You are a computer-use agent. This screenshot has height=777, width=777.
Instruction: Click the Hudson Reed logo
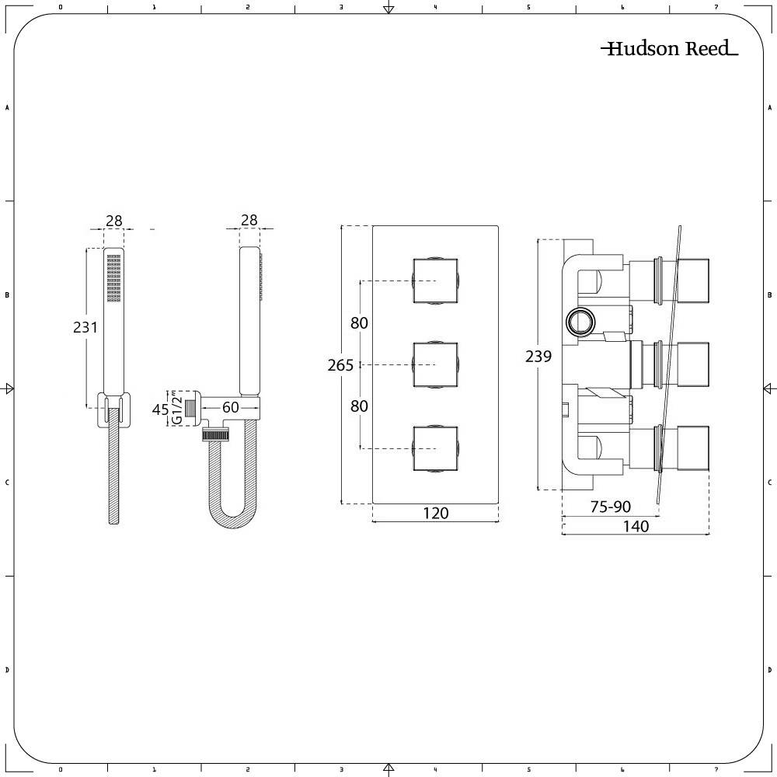tap(670, 48)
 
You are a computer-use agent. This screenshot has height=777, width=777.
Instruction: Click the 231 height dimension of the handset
tap(85, 327)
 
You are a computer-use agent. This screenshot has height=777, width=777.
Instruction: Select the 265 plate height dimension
tap(340, 365)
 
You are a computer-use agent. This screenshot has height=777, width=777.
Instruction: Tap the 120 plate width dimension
tap(436, 513)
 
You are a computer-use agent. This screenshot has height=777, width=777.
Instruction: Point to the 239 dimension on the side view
tap(538, 356)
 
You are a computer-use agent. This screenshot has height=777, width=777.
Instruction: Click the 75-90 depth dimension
tap(611, 507)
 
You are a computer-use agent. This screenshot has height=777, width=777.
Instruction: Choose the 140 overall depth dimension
tap(636, 526)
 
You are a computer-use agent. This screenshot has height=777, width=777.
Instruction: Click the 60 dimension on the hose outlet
tap(231, 407)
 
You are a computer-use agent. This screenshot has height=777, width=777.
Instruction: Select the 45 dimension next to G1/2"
tap(160, 409)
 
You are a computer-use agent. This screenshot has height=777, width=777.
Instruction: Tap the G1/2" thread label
tap(176, 408)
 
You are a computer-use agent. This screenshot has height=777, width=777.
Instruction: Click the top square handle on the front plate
tap(435, 280)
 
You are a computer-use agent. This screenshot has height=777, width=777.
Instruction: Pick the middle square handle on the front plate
tap(435, 364)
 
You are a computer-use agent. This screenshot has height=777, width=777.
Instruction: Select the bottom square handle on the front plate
tap(435, 449)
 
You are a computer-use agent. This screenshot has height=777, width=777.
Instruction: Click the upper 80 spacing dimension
tap(359, 322)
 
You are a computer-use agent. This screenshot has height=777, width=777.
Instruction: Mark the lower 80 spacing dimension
tap(359, 406)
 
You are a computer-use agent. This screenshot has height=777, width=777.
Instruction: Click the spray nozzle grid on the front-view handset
tap(114, 278)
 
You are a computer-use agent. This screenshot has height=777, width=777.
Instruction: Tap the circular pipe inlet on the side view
tap(580, 322)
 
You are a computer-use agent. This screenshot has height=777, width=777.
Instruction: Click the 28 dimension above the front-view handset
tap(114, 221)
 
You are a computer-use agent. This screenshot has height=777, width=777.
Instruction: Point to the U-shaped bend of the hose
tap(232, 515)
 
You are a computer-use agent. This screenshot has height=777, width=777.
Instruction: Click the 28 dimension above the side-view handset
tap(249, 220)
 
